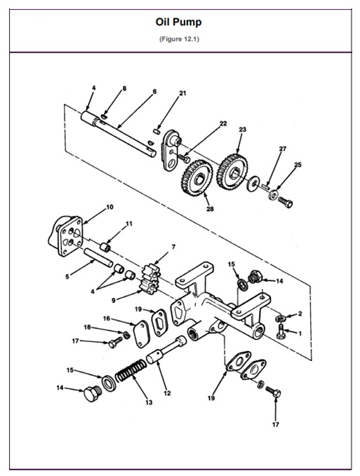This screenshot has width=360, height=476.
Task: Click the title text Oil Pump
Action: tap(179, 22)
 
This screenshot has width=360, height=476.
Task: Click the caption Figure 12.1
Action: tap(179, 38)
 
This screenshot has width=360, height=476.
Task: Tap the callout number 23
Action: tap(242, 130)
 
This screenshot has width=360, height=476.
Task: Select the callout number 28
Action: tap(209, 209)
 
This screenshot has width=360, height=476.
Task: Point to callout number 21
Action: tap(182, 93)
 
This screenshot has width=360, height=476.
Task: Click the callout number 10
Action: tap(109, 207)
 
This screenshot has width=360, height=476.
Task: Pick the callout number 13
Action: tap(148, 402)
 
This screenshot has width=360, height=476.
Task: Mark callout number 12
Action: tap(167, 393)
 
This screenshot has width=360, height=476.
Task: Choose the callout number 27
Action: tap(282, 149)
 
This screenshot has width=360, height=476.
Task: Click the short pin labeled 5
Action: tap(98, 257)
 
